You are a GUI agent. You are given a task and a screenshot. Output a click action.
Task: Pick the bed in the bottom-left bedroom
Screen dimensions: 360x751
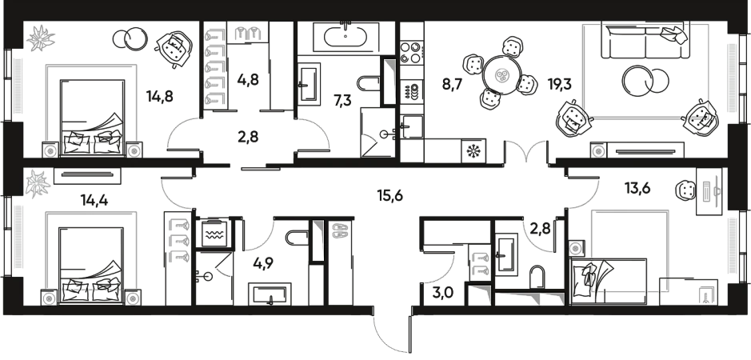tap(90, 254)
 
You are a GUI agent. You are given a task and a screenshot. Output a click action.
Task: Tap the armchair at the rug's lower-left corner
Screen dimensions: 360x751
tap(573, 120)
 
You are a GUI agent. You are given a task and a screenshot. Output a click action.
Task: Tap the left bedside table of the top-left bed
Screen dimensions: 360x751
tap(50, 150)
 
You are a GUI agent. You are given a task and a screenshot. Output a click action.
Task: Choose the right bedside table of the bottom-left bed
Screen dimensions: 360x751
tap(132, 298)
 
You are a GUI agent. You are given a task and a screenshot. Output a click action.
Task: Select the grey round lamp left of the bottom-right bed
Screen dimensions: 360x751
tap(575, 248)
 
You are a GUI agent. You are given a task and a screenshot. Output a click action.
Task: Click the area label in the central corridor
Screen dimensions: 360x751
tap(390, 192)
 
